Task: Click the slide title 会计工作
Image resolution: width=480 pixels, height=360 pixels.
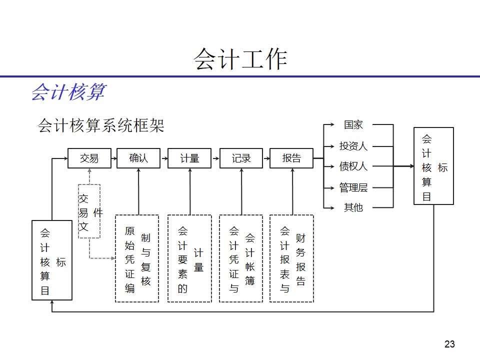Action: (x=240, y=59)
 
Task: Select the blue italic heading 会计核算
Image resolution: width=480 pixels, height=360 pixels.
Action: (x=68, y=92)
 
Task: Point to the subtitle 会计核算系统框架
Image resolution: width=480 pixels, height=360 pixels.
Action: (x=100, y=125)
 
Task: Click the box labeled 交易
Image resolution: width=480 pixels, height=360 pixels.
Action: (x=89, y=158)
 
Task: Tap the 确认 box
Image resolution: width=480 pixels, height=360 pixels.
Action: (x=138, y=158)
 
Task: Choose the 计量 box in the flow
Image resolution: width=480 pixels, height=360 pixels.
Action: (x=189, y=158)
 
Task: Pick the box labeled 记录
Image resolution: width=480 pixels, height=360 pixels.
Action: (x=241, y=158)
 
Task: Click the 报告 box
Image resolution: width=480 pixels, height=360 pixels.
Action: (x=291, y=158)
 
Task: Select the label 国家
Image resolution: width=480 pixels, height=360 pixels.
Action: (x=353, y=124)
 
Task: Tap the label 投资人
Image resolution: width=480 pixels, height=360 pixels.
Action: (x=353, y=146)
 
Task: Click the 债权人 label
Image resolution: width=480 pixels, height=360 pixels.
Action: (x=353, y=166)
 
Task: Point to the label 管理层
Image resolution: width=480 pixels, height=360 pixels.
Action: (x=353, y=187)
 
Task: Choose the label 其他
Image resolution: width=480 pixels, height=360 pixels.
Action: (x=353, y=207)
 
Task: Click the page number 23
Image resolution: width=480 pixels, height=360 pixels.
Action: (x=449, y=344)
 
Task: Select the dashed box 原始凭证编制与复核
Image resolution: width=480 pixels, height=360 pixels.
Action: (x=137, y=258)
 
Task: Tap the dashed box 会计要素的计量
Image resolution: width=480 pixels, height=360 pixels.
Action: (x=189, y=258)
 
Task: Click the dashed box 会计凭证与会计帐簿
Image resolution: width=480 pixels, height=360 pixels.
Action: (x=241, y=258)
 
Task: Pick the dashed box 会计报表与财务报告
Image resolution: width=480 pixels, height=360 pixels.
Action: (x=291, y=258)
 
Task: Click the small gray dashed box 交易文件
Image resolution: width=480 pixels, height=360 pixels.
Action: (x=89, y=211)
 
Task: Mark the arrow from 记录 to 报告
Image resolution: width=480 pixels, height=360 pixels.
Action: (x=266, y=158)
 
